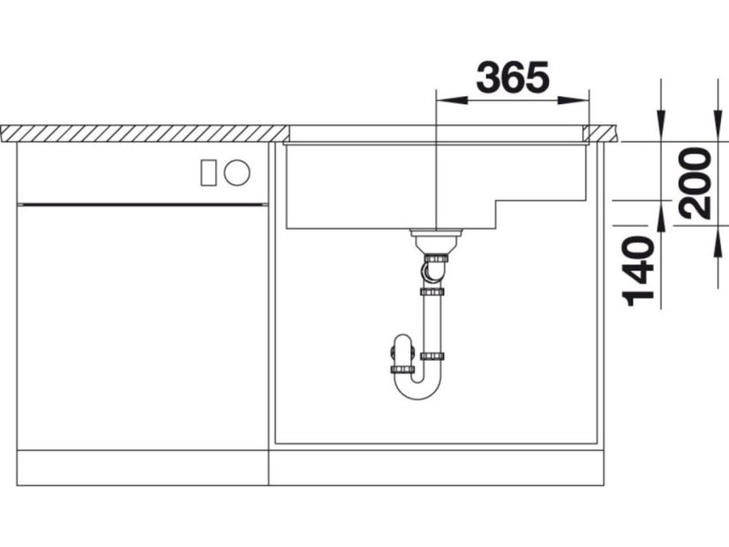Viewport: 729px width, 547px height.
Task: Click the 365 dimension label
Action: [x=513, y=77]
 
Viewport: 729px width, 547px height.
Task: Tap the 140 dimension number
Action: [x=638, y=272]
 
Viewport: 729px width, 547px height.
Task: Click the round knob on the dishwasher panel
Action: [x=237, y=172]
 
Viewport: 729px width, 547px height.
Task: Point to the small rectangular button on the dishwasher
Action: [x=207, y=172]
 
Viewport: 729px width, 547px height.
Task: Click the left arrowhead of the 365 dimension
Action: [x=451, y=101]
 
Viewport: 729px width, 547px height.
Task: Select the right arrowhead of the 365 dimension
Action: [x=574, y=101]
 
